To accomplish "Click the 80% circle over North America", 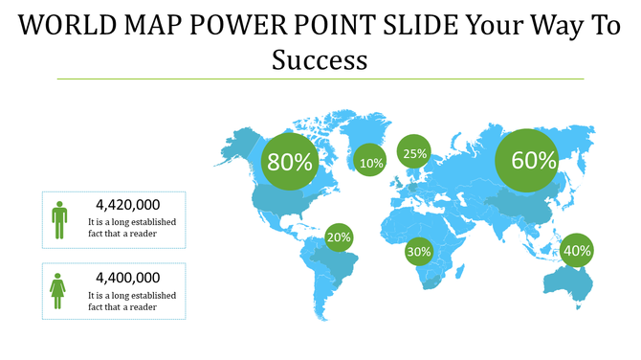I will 290,163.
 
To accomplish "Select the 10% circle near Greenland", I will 371,163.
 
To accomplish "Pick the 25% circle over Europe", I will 414,152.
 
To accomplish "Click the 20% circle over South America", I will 339,236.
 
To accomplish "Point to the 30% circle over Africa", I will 419,252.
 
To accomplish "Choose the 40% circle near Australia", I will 577,251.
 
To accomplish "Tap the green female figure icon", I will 59,289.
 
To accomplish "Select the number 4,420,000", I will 128,205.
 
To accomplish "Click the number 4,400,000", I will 128,278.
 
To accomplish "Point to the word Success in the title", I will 320,60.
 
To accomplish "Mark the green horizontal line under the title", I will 320,79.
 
